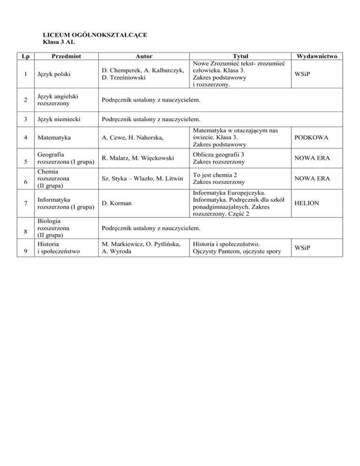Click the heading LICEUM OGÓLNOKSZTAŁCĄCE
click(x=95, y=35)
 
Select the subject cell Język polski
click(x=49, y=74)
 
